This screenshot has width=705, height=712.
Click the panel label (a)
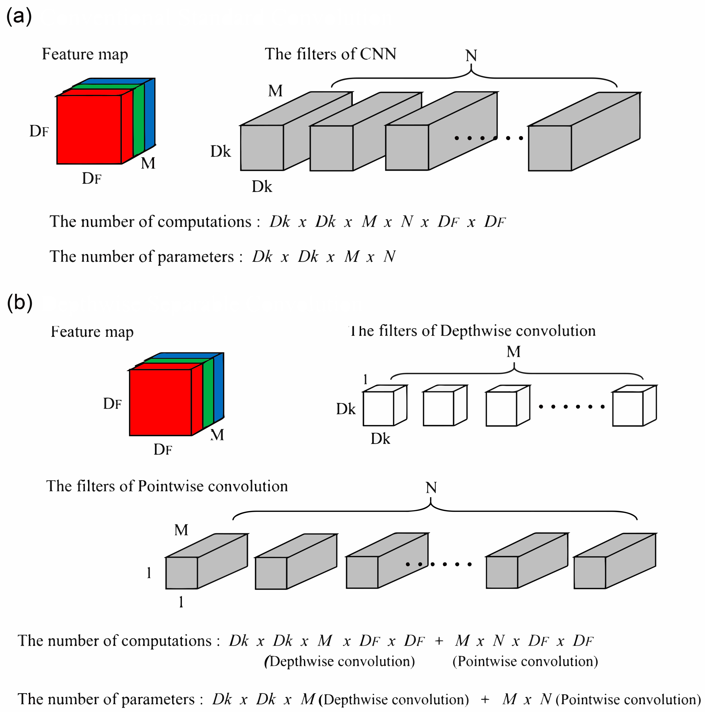(x=19, y=17)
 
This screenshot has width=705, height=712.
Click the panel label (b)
(x=19, y=303)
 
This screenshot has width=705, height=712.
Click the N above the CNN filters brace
(x=471, y=56)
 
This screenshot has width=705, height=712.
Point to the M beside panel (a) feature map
(x=148, y=163)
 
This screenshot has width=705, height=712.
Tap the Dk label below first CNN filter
(x=262, y=187)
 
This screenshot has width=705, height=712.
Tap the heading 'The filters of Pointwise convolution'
(x=167, y=486)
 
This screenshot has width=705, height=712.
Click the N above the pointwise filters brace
(x=431, y=488)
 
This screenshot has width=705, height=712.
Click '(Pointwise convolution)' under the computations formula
(x=525, y=661)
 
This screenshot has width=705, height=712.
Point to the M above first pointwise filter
(x=181, y=530)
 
